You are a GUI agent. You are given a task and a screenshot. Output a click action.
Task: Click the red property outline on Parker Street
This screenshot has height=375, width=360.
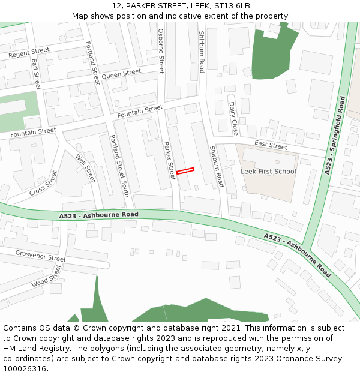pos(185,172)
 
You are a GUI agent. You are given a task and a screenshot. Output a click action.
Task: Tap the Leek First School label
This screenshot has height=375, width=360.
pos(268,172)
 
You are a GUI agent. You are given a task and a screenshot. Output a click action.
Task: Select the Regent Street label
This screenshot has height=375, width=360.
pos(29,53)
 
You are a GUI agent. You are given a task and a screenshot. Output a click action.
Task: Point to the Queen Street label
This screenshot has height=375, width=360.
pos(121,74)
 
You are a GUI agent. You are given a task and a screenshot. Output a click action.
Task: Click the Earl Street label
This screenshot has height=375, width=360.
pos(35,74)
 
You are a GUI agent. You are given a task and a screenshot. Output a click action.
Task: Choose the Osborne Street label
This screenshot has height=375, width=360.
pos(161,50)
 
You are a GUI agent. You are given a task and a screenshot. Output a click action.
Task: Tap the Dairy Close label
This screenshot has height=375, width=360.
pos(233,118)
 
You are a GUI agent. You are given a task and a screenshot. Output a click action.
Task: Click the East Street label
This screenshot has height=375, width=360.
pos(271,145)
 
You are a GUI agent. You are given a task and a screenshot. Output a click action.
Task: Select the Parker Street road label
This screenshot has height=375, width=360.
pos(169,160)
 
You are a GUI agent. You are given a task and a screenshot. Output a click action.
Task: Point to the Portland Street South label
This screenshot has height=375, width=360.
pos(119,165)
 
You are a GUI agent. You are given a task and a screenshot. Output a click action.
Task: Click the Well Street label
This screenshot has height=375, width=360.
pos(86,168)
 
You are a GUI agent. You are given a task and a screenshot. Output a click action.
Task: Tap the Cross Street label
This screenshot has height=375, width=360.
pos(43,183)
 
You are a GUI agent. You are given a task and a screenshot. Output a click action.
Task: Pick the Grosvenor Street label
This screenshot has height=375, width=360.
pos(40,256)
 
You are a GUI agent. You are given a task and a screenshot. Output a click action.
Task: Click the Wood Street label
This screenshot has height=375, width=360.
pos(47,277)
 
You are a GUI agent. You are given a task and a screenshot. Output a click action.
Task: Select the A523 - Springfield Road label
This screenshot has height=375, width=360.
pos(334,135)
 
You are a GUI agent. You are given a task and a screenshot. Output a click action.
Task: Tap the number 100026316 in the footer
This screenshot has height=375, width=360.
pos(25,369)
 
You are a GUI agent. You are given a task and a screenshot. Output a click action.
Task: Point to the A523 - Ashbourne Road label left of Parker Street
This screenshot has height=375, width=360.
pos(99,215)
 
